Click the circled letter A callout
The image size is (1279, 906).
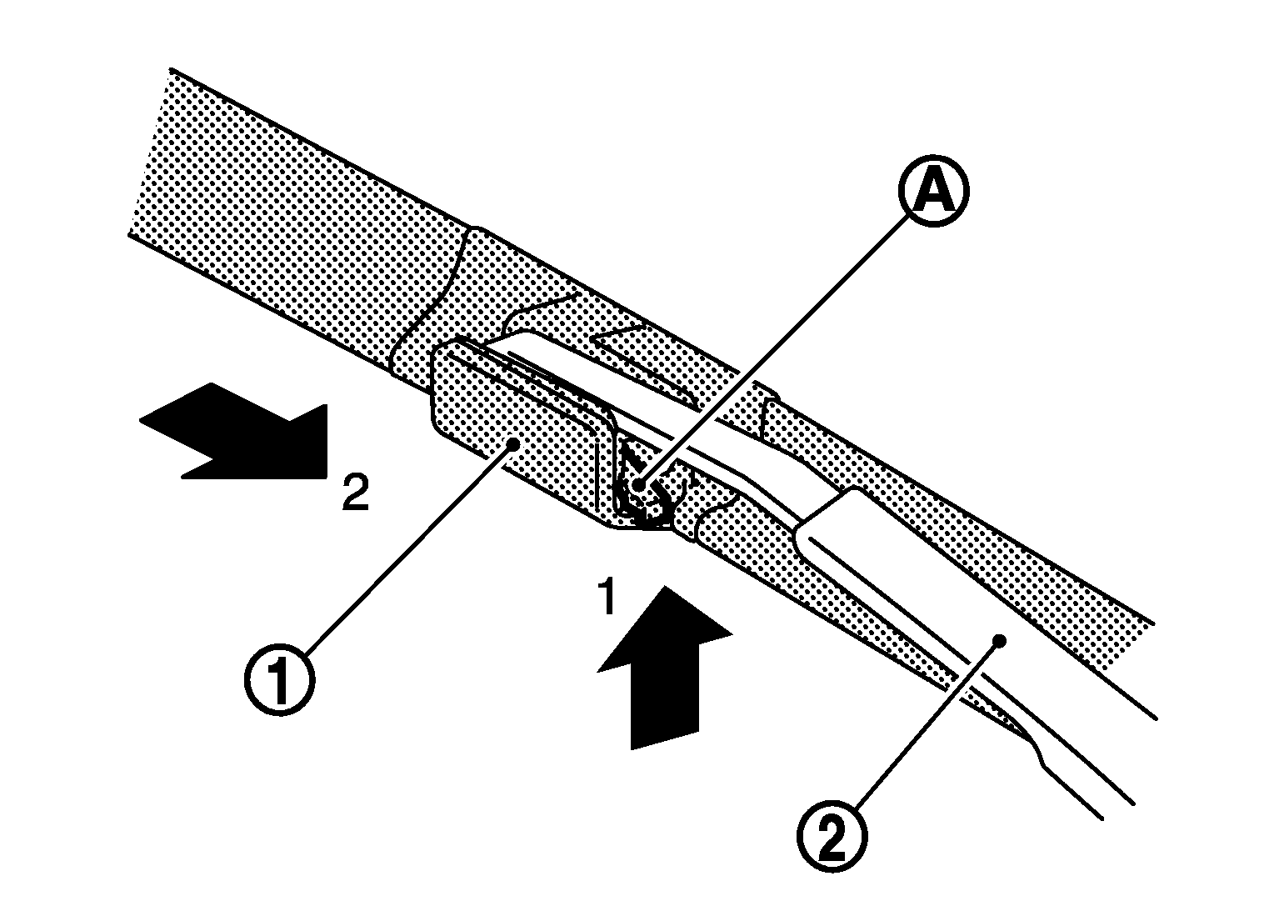934,192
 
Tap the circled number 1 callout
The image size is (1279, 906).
280,680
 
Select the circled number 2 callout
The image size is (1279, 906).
832,838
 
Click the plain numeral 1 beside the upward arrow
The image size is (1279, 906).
607,597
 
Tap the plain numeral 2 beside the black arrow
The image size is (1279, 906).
355,493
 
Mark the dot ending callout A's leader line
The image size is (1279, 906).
637,485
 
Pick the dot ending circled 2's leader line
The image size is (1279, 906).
999,640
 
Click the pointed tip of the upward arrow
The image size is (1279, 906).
665,587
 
